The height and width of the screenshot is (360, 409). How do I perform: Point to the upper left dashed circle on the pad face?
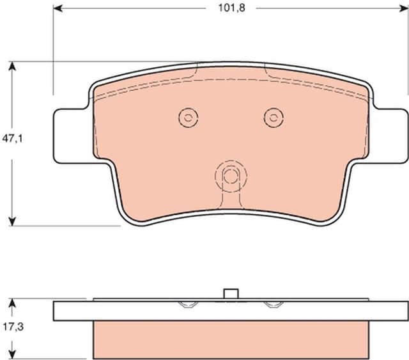click(x=188, y=117)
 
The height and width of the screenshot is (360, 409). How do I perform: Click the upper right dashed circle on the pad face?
click(x=274, y=117)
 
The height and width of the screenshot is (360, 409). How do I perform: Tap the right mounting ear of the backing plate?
click(x=390, y=135)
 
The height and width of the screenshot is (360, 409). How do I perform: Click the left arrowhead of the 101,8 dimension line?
click(x=58, y=8)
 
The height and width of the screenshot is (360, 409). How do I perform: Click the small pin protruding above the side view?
click(x=231, y=293)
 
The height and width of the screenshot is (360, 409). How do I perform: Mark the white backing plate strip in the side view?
click(x=231, y=310)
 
